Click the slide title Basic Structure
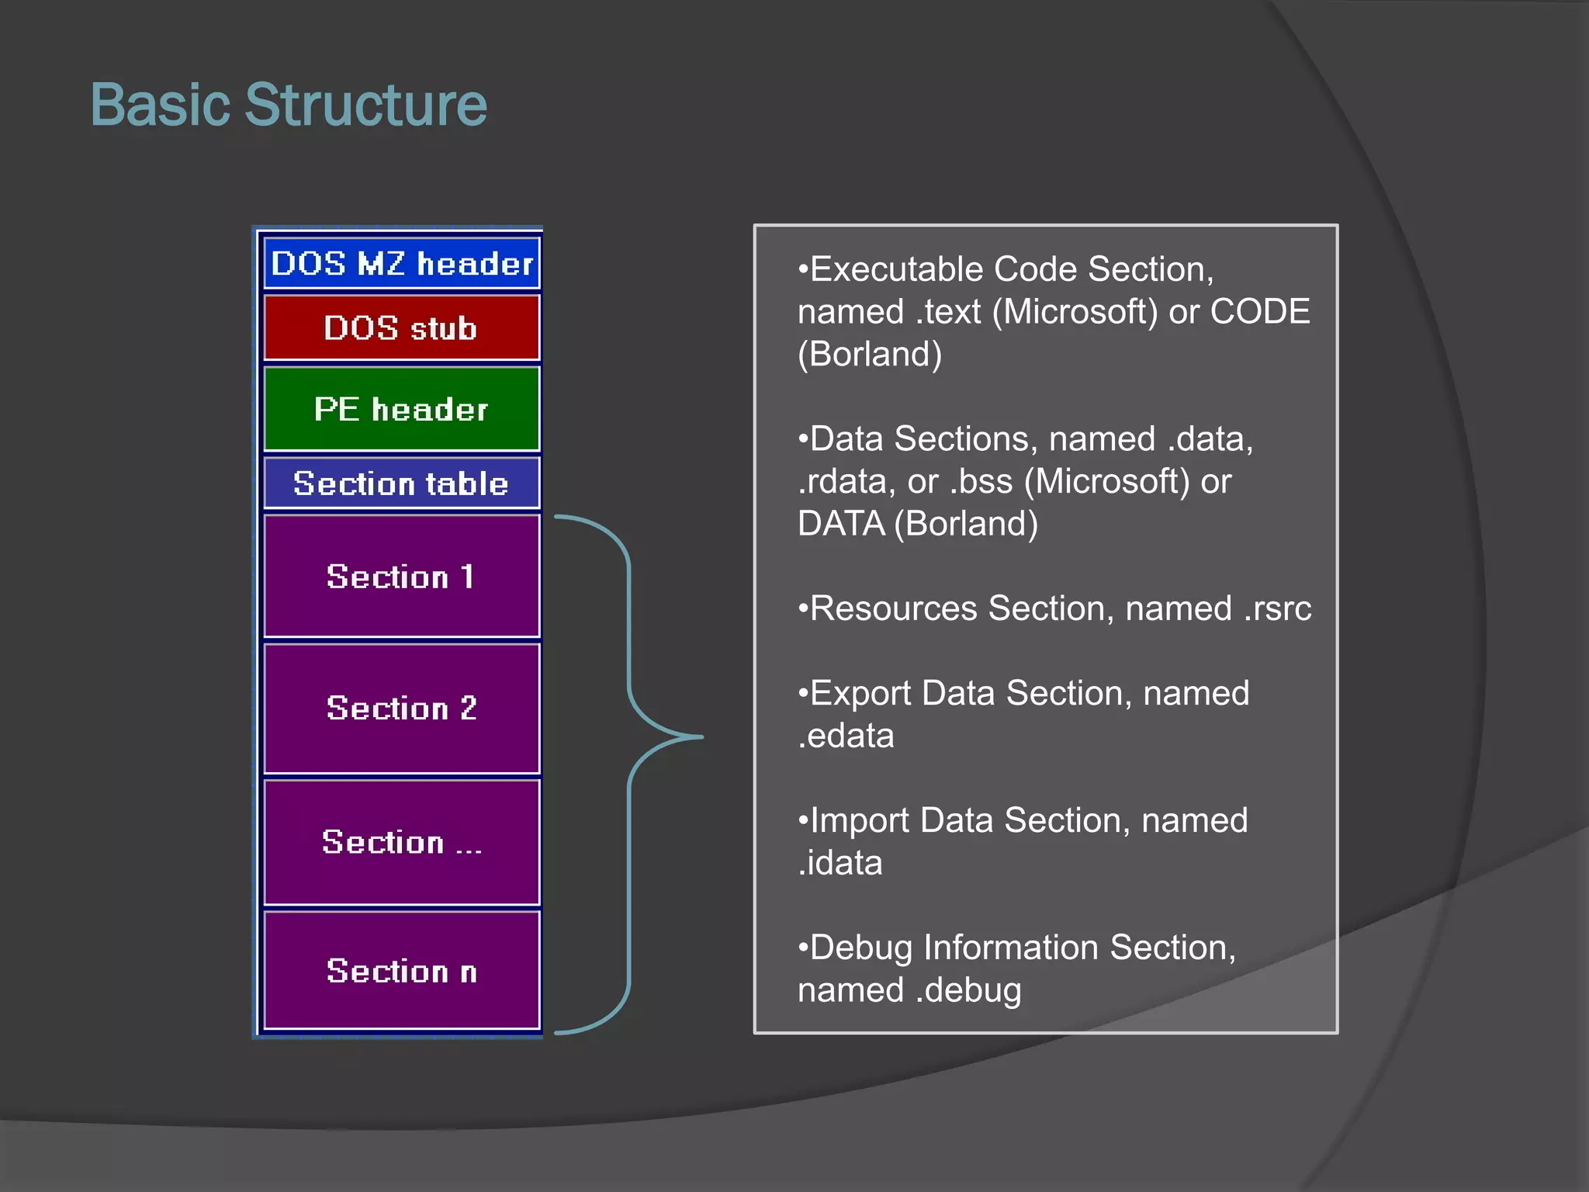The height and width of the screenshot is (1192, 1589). pyautogui.click(x=289, y=105)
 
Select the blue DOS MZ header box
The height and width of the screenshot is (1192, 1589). pyautogui.click(x=401, y=264)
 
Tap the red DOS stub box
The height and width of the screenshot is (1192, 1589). pyautogui.click(x=401, y=328)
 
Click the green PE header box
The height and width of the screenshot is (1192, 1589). pyautogui.click(x=401, y=409)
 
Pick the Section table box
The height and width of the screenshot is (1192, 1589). pyautogui.click(x=401, y=483)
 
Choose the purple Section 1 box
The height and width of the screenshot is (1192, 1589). pyautogui.click(x=401, y=577)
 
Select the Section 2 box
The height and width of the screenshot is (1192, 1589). pyautogui.click(x=401, y=708)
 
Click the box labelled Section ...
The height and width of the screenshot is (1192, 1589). pyautogui.click(x=401, y=842)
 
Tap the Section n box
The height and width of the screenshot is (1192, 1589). pyautogui.click(x=401, y=971)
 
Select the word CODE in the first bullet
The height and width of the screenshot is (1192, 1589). pyautogui.click(x=1260, y=312)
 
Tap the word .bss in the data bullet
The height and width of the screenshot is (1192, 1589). pyautogui.click(x=981, y=482)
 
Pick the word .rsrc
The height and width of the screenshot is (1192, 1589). pyautogui.click(x=1277, y=608)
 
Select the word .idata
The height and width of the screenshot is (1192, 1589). pyautogui.click(x=840, y=863)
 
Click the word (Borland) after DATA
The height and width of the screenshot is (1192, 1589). pyautogui.click(x=966, y=524)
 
